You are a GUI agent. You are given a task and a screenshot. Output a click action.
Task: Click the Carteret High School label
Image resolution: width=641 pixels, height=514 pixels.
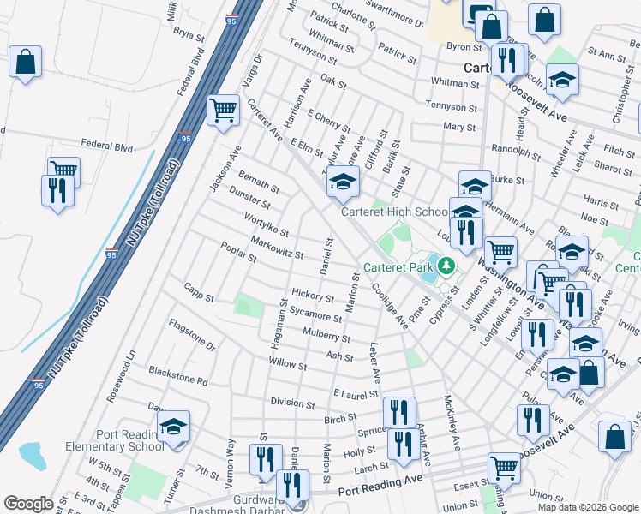tap(394, 212)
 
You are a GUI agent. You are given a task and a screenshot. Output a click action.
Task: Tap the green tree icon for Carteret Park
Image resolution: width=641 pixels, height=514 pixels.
tap(446, 266)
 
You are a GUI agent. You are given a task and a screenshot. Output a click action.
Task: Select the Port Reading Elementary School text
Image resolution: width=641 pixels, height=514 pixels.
tap(115, 439)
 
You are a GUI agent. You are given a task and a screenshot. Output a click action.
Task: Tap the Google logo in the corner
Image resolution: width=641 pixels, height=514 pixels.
tap(27, 504)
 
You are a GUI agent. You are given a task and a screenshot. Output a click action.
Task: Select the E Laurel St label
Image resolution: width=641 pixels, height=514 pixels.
tap(355, 394)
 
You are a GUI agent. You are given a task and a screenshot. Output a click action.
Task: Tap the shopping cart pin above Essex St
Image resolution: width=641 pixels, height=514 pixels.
tap(504, 468)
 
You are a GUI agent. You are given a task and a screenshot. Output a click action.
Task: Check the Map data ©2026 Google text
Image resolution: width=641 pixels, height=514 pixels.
tap(589, 506)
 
